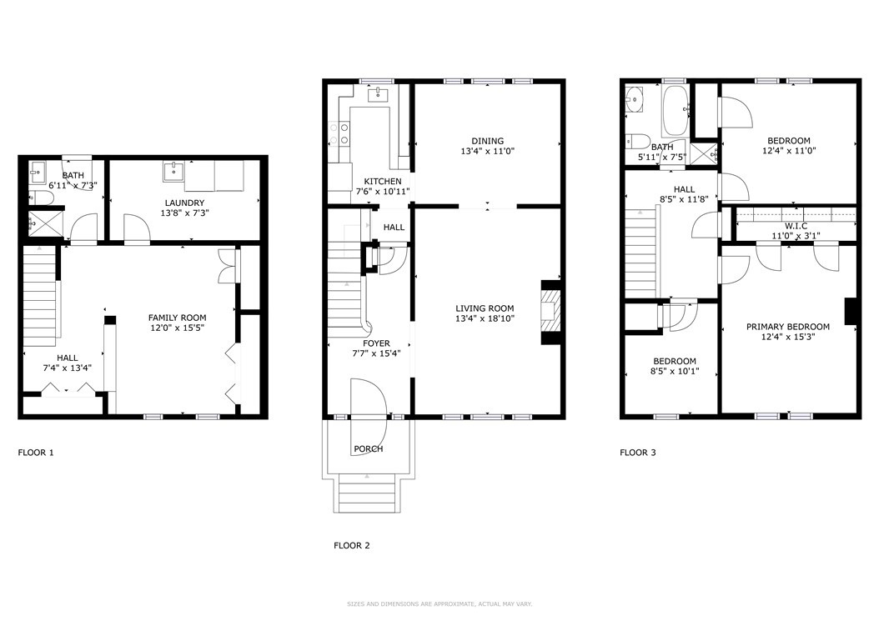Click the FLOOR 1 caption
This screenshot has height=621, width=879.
click(x=36, y=453)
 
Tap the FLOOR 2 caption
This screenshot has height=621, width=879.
click(x=351, y=545)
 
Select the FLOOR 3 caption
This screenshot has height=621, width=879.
click(x=637, y=453)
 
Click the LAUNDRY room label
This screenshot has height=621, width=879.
click(x=184, y=203)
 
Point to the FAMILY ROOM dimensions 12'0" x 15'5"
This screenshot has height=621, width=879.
click(x=177, y=328)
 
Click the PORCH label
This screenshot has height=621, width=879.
click(x=369, y=449)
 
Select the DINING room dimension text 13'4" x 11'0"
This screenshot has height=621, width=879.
click(x=487, y=151)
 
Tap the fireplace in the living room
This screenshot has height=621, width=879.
click(x=550, y=312)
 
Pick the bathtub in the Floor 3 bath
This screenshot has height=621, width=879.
click(x=675, y=110)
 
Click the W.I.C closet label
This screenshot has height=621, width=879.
click(x=796, y=226)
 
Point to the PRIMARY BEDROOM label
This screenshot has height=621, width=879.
click(x=787, y=327)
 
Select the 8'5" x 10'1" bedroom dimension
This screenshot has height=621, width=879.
click(x=675, y=371)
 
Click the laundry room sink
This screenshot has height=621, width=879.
click(x=173, y=172)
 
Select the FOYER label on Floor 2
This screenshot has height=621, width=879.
click(x=376, y=343)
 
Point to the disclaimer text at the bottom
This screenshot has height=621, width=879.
click(x=439, y=604)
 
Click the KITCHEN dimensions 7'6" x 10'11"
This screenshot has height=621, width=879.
click(x=383, y=192)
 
